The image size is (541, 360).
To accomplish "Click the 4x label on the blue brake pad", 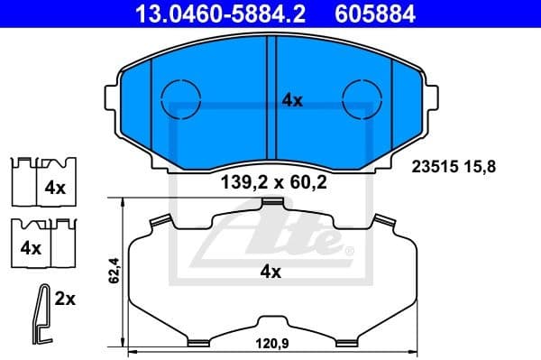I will (x=291, y=101).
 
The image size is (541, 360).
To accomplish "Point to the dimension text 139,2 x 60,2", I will (x=272, y=182).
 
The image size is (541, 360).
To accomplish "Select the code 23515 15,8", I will (x=454, y=166).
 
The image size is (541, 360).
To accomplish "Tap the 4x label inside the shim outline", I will (x=271, y=271).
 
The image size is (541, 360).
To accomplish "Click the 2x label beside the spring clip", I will (x=64, y=299).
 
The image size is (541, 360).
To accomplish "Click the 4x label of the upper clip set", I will (x=56, y=189).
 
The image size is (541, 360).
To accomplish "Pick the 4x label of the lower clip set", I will (x=32, y=246).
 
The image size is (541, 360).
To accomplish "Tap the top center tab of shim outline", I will (x=271, y=208).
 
